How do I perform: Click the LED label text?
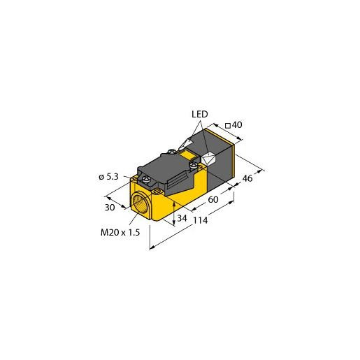201,115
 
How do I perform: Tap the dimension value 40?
236,125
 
